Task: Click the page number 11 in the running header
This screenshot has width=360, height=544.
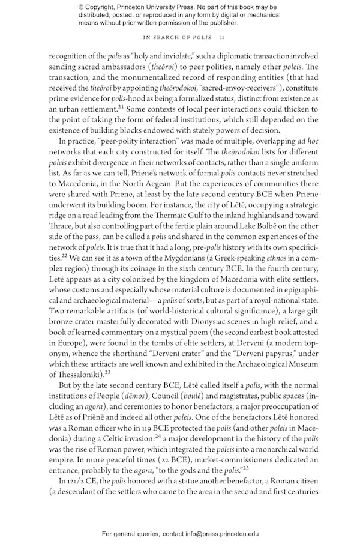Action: (x=222, y=37)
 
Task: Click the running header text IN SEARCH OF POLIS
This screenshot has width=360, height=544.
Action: (x=174, y=37)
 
